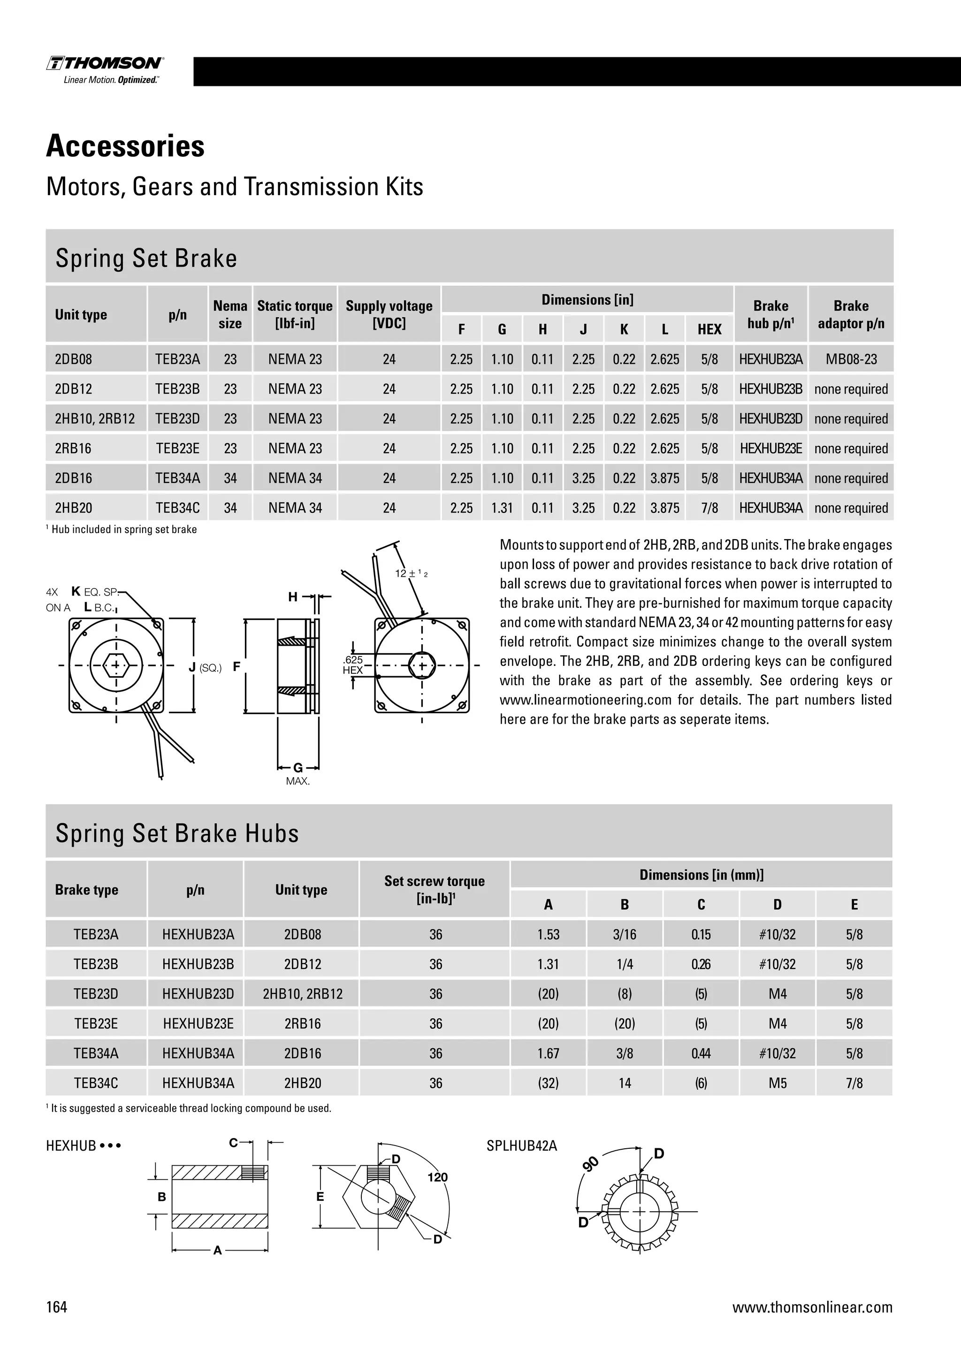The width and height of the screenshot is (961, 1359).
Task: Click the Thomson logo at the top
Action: click(105, 69)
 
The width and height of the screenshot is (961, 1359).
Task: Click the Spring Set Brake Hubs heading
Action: click(177, 833)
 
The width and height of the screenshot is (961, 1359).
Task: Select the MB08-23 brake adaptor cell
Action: click(851, 359)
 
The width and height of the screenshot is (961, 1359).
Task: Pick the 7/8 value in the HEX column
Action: click(709, 508)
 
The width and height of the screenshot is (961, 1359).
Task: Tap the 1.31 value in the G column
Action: click(502, 508)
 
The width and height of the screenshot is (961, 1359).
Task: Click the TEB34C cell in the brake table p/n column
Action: click(177, 508)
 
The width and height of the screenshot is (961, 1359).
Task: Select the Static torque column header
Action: click(295, 314)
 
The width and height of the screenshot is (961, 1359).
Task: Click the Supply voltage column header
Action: click(389, 314)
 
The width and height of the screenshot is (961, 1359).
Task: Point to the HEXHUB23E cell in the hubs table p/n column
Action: click(198, 1023)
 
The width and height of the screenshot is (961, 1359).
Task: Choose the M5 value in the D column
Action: click(778, 1083)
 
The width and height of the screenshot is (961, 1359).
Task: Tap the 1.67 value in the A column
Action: click(548, 1053)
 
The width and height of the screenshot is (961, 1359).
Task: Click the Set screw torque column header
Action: click(435, 889)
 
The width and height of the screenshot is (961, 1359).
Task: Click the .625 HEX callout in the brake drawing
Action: click(353, 664)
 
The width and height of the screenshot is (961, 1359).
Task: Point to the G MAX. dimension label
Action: click(297, 774)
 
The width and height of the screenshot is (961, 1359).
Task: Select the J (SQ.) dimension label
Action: click(205, 668)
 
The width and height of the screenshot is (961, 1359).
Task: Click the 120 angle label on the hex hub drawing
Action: click(437, 1177)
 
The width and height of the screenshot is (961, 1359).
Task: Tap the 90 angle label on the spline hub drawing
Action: click(591, 1164)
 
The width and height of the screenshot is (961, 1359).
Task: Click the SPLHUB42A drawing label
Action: click(521, 1145)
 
